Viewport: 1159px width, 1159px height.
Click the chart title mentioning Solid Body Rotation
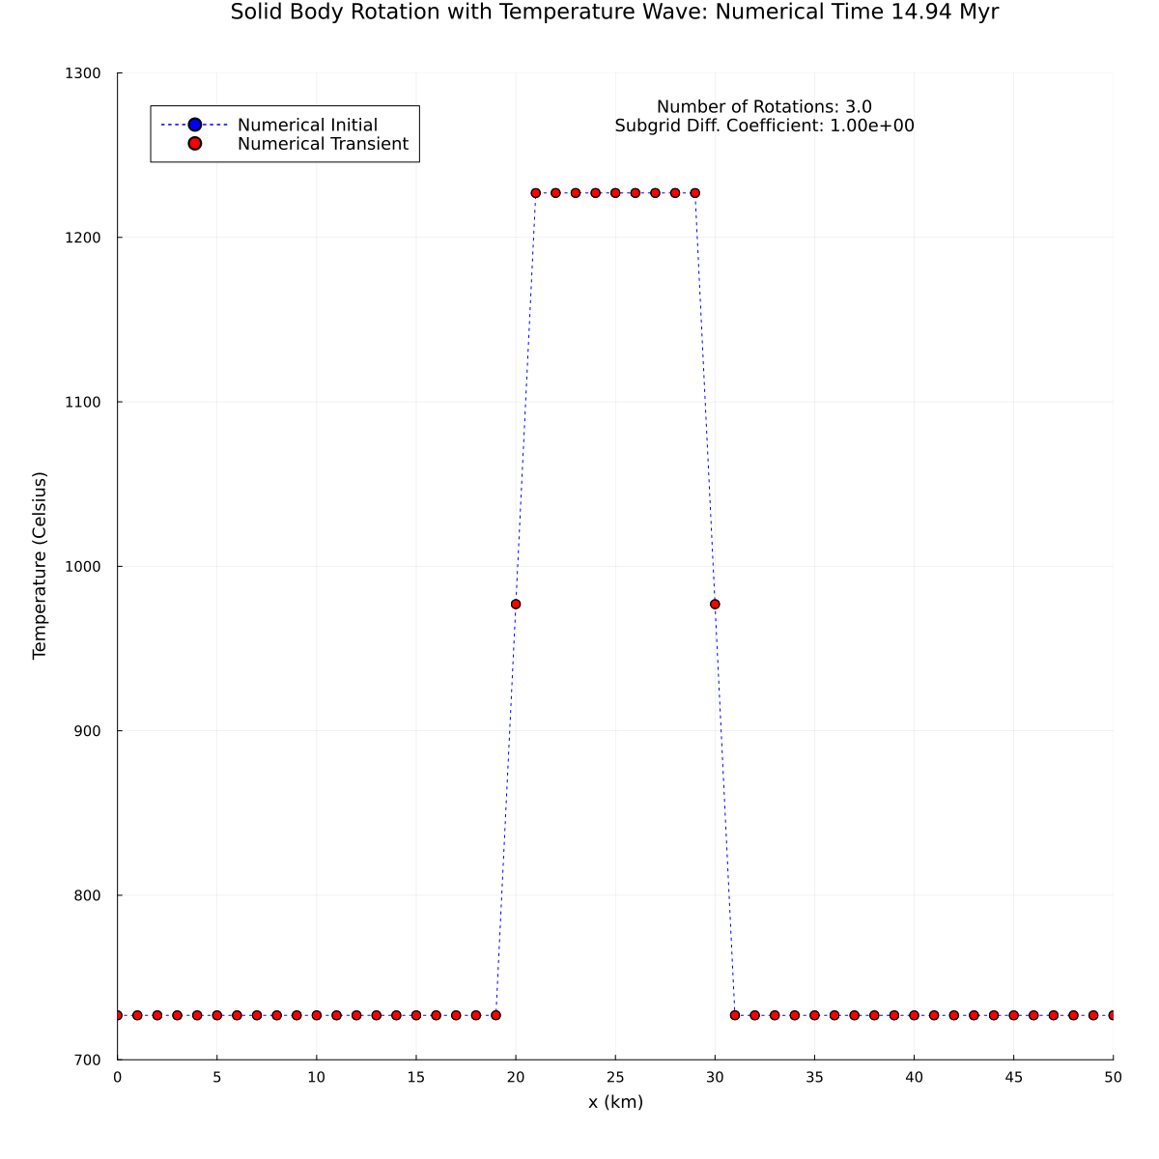coord(614,13)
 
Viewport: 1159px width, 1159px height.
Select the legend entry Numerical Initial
coord(307,125)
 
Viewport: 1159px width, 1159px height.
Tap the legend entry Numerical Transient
coord(323,144)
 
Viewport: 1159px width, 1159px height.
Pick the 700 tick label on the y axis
coord(90,1060)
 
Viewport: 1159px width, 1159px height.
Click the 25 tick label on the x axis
coord(615,1077)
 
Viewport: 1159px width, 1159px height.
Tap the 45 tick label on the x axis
coord(1013,1077)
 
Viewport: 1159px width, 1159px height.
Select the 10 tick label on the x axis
coord(317,1077)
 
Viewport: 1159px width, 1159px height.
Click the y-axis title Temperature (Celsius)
coord(40,566)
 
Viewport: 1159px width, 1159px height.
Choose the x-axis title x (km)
coord(615,1102)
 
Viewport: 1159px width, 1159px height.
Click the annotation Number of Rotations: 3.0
coord(764,106)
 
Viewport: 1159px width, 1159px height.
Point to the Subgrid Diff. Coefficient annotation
coord(764,126)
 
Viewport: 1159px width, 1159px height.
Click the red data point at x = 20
coord(516,605)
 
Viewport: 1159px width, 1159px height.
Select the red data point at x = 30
coord(715,605)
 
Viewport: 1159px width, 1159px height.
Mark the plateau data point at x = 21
coord(536,193)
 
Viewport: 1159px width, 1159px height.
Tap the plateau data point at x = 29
coord(694,193)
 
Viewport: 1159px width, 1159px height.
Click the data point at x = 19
coord(495,1015)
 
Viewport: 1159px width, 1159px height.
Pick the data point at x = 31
coord(735,1015)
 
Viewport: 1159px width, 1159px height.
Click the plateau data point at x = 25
coord(615,193)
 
